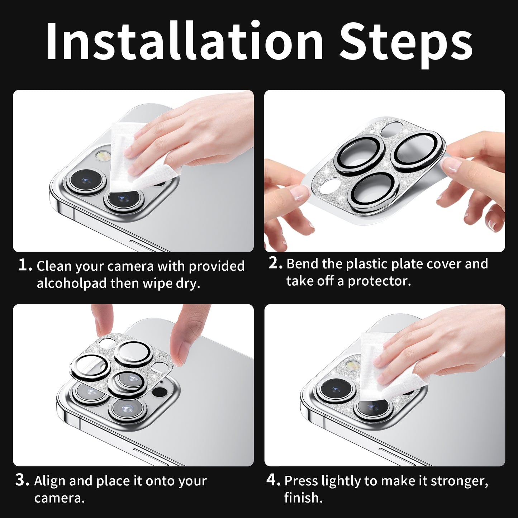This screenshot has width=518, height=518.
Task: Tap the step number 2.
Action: [275, 263]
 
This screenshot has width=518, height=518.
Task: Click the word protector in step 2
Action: [379, 281]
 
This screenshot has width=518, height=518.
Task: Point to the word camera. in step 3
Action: [60, 498]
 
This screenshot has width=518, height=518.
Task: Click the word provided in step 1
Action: [217, 266]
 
